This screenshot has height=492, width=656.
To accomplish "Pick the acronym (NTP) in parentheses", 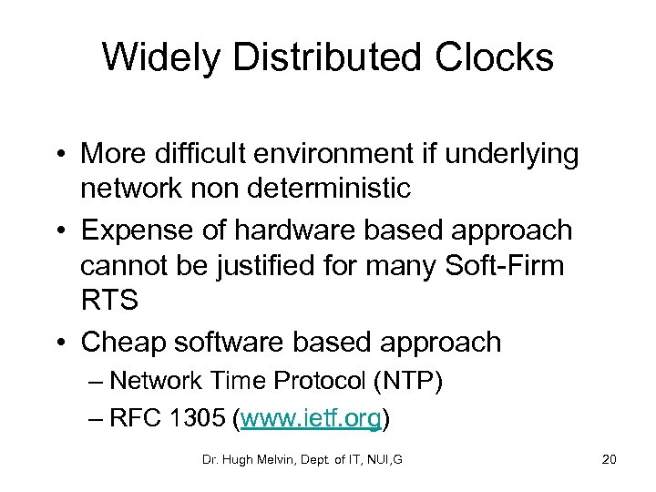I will [406, 381].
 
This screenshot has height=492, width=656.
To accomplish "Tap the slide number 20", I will [609, 459].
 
